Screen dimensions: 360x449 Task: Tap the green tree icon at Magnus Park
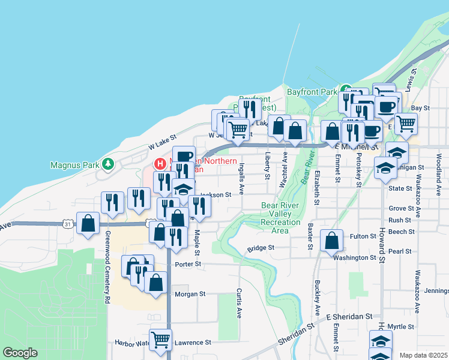click(108, 163)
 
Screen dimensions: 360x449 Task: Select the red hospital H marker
click(160, 163)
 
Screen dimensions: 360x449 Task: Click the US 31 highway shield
click(67, 224)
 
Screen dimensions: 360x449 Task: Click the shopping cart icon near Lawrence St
click(160, 340)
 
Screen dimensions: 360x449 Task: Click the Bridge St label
click(261, 247)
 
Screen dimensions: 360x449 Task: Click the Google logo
click(20, 353)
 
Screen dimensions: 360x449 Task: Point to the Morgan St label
click(190, 294)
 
